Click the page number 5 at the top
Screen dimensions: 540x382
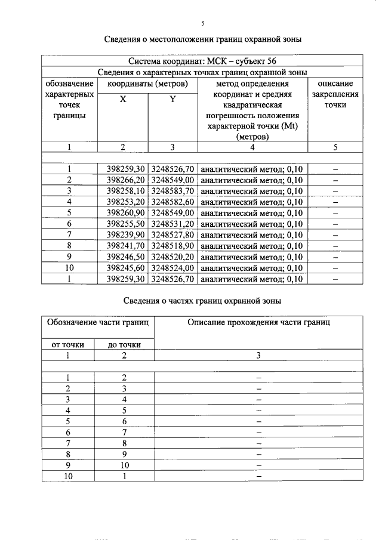[x=202, y=23]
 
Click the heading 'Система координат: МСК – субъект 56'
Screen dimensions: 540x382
[x=202, y=61]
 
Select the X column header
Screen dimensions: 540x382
[x=122, y=100]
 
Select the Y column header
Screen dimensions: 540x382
[x=172, y=100]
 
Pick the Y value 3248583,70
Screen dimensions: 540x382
[x=172, y=191]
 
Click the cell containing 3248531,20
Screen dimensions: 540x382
[x=172, y=224]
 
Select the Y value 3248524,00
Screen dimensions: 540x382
[x=172, y=268]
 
